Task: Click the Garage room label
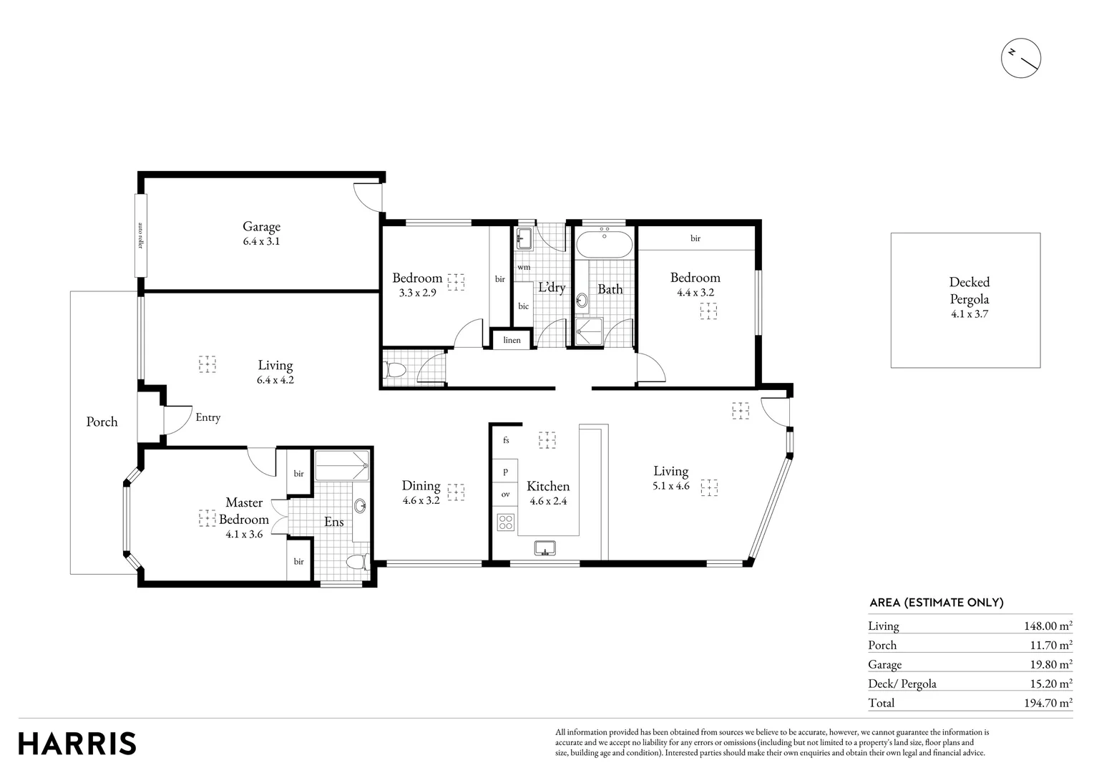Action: click(x=261, y=227)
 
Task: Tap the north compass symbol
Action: click(x=1021, y=58)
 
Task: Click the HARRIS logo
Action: click(x=77, y=743)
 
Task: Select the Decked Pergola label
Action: click(x=969, y=291)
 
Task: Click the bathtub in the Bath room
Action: click(x=605, y=245)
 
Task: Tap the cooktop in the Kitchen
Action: click(x=506, y=522)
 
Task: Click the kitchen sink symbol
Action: click(x=545, y=548)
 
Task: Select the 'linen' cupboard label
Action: click(x=512, y=340)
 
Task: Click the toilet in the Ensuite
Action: click(x=356, y=560)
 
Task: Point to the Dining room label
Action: click(x=421, y=486)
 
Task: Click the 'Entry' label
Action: click(x=208, y=417)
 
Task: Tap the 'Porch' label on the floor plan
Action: click(x=102, y=422)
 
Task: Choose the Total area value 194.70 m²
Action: click(x=1047, y=703)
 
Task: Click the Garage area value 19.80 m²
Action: click(x=1050, y=664)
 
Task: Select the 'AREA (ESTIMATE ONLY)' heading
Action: click(x=936, y=603)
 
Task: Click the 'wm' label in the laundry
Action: click(x=524, y=267)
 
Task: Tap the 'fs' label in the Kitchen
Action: click(x=506, y=440)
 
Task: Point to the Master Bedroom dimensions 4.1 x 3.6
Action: click(x=244, y=533)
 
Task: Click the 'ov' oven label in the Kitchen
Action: click(x=505, y=494)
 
